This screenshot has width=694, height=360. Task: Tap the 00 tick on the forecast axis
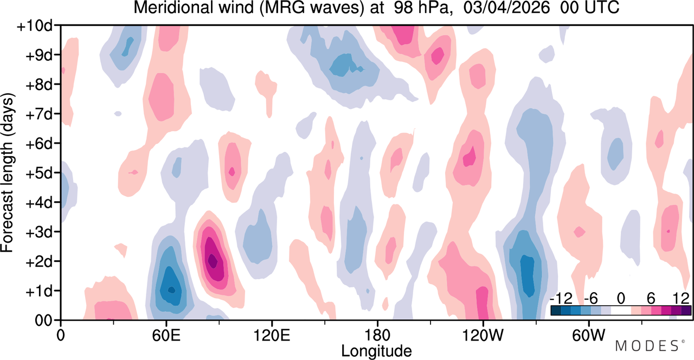coord(44,321)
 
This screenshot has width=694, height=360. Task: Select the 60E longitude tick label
coord(166,336)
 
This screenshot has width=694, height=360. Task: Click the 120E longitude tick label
coord(272,336)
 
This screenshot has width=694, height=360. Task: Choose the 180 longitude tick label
coord(377,336)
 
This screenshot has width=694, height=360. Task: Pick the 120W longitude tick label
coord(483,336)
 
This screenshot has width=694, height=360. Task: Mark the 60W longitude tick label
coord(588,336)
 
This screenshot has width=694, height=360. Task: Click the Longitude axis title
coord(376,351)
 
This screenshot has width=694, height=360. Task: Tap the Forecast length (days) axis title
coord(8,172)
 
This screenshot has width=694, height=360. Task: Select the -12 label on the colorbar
coord(561,299)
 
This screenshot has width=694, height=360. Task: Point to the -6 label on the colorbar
coord(590,299)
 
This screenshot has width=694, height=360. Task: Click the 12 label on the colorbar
coord(681,299)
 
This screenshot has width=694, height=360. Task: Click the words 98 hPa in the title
coord(421,8)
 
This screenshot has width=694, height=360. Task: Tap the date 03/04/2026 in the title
coord(506,8)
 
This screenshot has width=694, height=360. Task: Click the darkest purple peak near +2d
coord(213,261)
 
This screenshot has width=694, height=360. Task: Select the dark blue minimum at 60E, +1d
coord(171,290)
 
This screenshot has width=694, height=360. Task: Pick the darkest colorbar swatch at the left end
coord(556,311)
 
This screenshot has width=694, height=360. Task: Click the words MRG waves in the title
coord(311,8)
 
